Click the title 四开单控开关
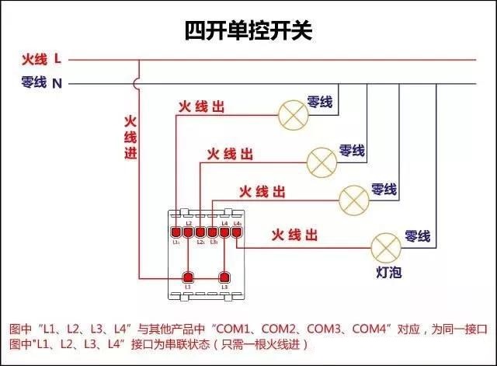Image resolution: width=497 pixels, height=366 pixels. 248,31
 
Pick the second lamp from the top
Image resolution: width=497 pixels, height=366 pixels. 321,160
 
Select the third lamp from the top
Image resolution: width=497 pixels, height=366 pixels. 354,200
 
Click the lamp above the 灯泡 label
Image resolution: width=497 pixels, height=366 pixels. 385,247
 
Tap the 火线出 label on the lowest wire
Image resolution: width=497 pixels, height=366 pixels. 294,234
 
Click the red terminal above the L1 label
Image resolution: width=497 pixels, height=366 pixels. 187,277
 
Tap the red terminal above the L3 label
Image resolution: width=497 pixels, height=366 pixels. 225,277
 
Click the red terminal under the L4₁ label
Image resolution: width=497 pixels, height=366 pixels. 238,231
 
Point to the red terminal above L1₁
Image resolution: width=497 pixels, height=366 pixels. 176,231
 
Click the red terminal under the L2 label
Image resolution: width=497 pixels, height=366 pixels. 189,231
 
